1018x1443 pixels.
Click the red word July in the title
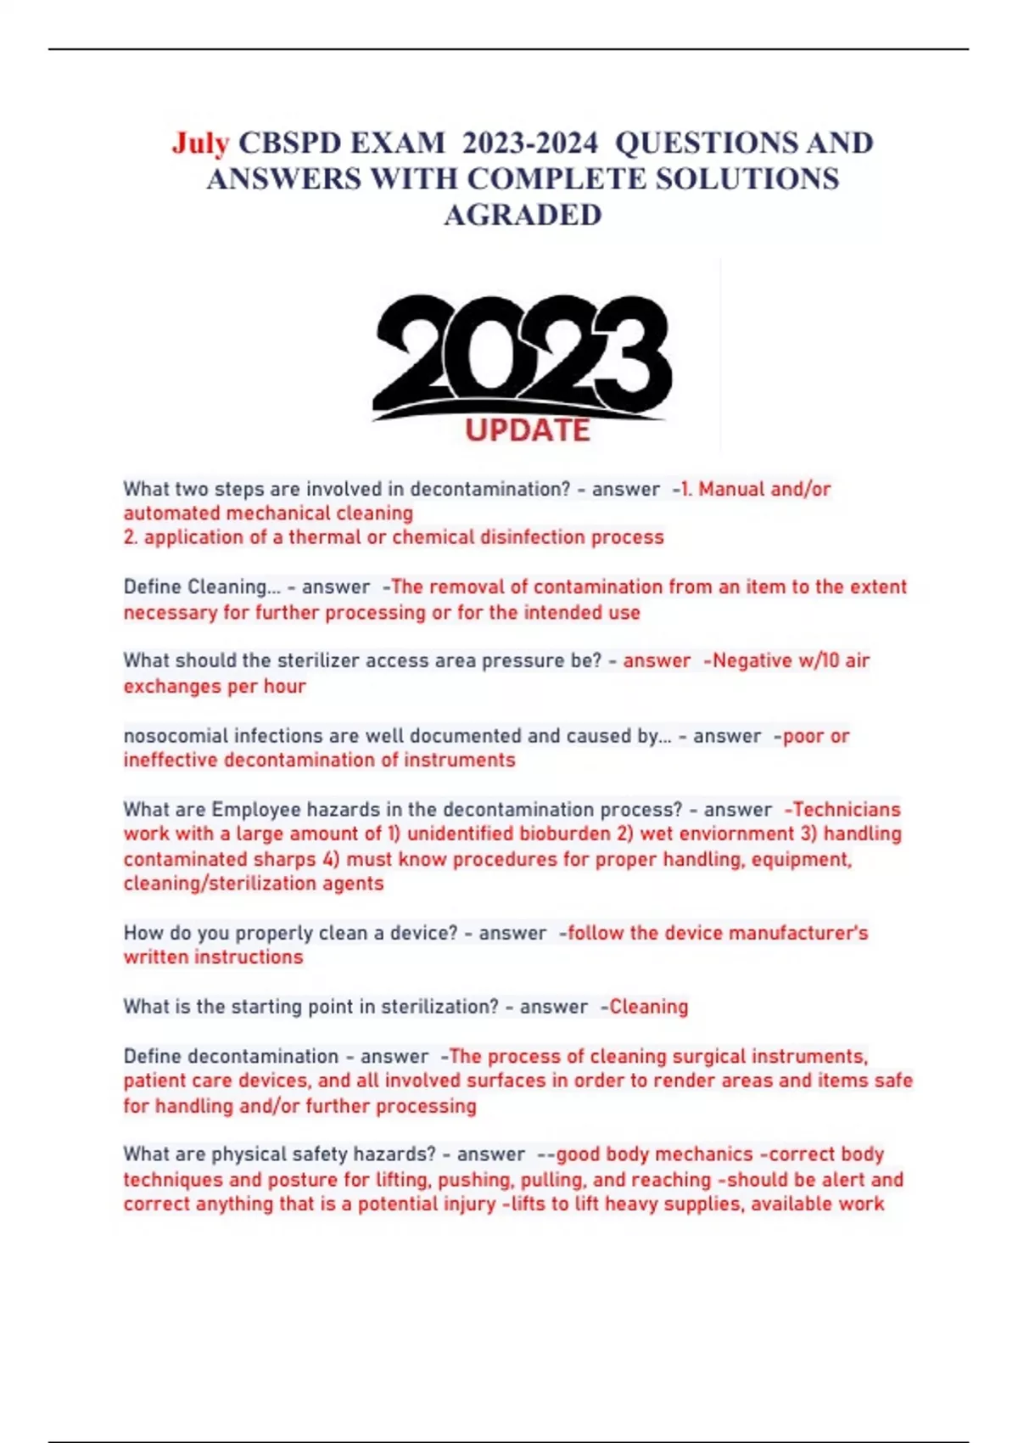click(200, 143)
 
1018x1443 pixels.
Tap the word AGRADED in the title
click(523, 216)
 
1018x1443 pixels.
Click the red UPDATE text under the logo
click(527, 430)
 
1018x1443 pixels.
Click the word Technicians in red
click(846, 810)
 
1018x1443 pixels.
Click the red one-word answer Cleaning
click(649, 1007)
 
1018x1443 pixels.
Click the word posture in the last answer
click(302, 1180)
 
